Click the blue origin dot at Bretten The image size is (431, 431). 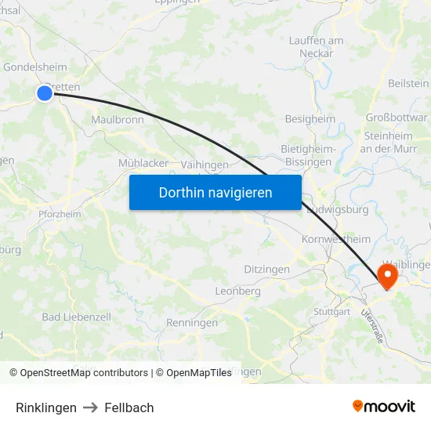click(45, 93)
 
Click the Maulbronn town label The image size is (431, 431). click(117, 121)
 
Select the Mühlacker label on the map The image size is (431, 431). click(143, 163)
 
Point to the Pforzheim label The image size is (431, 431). click(60, 214)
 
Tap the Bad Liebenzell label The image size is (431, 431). click(76, 317)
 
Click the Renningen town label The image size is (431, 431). click(192, 322)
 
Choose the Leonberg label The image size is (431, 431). click(237, 291)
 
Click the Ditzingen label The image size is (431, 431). click(266, 270)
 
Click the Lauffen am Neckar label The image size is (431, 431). click(316, 47)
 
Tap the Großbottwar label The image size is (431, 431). click(397, 118)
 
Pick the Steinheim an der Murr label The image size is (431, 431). click(386, 142)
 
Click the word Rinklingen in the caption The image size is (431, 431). click(46, 407)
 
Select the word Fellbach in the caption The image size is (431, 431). click(129, 407)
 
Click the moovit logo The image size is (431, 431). click(384, 407)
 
